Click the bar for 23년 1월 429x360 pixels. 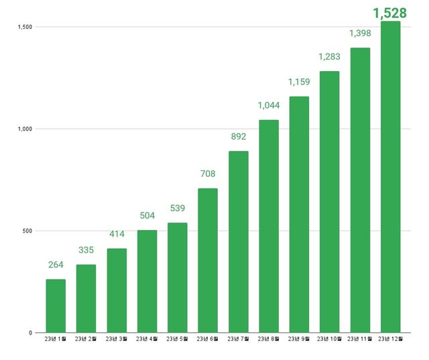[x=56, y=306]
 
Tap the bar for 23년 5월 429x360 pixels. [x=177, y=278]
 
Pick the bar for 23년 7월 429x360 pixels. [x=238, y=241]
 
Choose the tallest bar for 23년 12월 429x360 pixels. [x=390, y=177]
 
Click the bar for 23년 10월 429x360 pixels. [x=329, y=202]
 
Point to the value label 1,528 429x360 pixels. [x=390, y=12]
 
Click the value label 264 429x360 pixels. [x=56, y=265]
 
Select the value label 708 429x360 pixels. [x=208, y=174]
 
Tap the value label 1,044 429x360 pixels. [x=269, y=105]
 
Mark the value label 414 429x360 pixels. [x=117, y=235]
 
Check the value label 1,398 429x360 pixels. [x=360, y=33]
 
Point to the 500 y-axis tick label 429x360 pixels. [x=27, y=231]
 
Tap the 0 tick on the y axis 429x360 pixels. [x=30, y=333]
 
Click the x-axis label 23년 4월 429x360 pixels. [x=147, y=339]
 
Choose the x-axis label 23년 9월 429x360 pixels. [x=299, y=339]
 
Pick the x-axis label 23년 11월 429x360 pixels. [x=360, y=339]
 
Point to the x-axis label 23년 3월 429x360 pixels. [x=117, y=339]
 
